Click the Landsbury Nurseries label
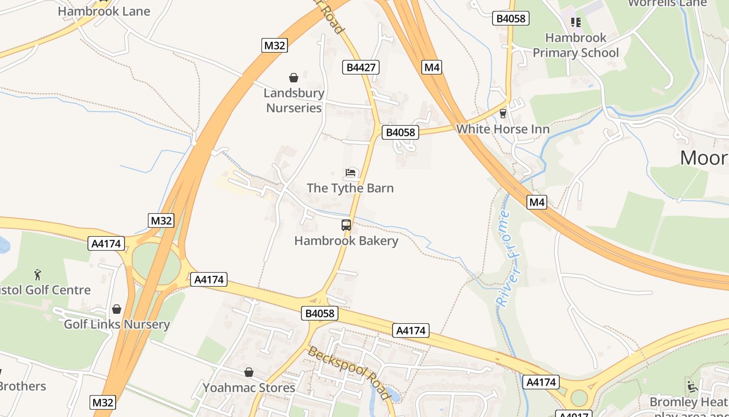pyautogui.click(x=294, y=101)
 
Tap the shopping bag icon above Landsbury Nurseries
pyautogui.click(x=294, y=78)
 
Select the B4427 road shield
pyautogui.click(x=361, y=67)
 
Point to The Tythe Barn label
pyautogui.click(x=350, y=188)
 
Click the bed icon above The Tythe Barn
pyautogui.click(x=350, y=173)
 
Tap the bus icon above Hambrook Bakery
pyautogui.click(x=346, y=225)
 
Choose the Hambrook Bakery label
pyautogui.click(x=346, y=241)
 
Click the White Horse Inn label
pyautogui.click(x=502, y=129)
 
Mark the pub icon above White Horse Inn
pyautogui.click(x=503, y=113)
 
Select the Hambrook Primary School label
pyautogui.click(x=576, y=45)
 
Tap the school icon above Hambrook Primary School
pyautogui.click(x=576, y=22)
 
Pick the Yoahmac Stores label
pyautogui.click(x=249, y=388)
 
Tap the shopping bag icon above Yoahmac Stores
pyautogui.click(x=249, y=372)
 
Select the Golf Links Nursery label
pyautogui.click(x=117, y=324)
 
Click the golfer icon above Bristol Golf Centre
pyautogui.click(x=37, y=274)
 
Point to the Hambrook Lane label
pyautogui.click(x=104, y=11)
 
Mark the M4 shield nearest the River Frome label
pyautogui.click(x=537, y=202)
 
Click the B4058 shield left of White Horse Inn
pyautogui.click(x=400, y=132)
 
